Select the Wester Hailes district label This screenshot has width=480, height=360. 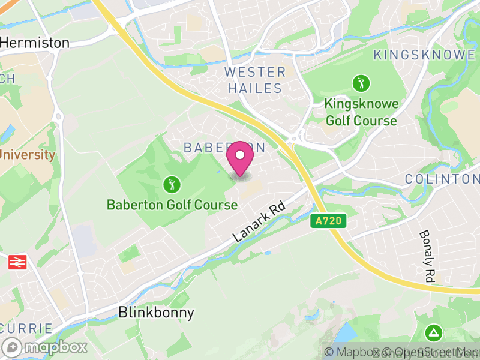coord(255,80)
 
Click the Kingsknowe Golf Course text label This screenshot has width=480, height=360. coord(361,112)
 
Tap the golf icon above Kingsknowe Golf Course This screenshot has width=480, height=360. coord(361,83)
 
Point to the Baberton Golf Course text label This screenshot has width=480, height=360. coord(172,205)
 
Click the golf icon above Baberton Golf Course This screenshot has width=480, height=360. coord(172,184)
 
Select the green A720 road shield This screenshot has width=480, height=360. coord(329,221)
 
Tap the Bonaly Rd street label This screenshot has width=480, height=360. coord(427,256)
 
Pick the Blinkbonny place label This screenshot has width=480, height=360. coord(157,313)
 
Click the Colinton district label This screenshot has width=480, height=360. coord(442,179)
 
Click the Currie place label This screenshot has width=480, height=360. coord(26,329)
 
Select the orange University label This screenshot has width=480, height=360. coord(27,155)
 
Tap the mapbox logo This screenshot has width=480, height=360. coord(46,347)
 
